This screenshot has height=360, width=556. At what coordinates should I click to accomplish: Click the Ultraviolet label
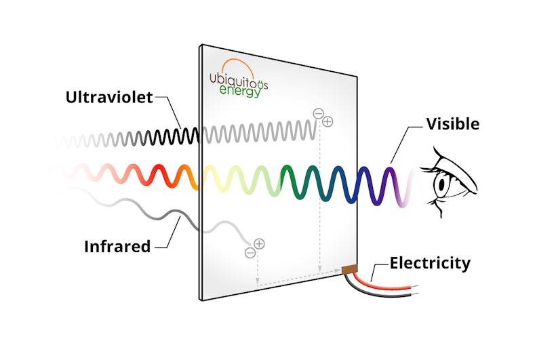tap(109, 97)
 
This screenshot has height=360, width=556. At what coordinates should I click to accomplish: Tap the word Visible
tap(452, 124)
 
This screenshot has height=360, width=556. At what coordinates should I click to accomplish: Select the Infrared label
tap(117, 246)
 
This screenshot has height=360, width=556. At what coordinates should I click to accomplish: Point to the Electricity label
tap(430, 262)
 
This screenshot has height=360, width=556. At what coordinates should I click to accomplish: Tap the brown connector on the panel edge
tap(350, 270)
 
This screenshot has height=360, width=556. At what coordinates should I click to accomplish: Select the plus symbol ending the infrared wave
tap(258, 243)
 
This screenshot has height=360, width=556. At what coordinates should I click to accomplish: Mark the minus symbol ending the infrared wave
tap(250, 253)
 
